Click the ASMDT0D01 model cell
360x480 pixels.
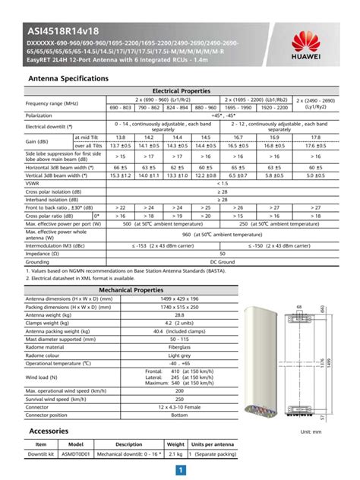[x=76, y=453]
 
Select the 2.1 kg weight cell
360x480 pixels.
[x=175, y=453]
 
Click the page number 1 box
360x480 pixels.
[x=181, y=472]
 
